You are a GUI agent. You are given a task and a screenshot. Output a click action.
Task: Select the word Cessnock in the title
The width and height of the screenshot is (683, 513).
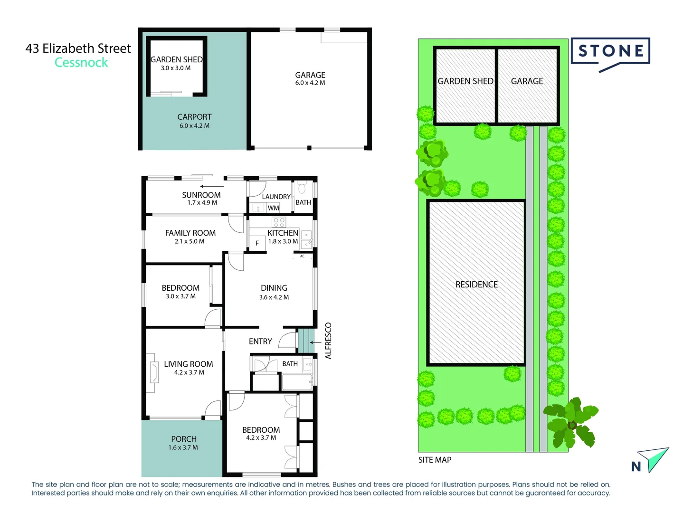81,63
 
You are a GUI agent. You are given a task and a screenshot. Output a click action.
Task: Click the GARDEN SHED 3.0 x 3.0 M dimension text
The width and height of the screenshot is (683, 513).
176,68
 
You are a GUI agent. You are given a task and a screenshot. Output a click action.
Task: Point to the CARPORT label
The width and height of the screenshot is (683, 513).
194,117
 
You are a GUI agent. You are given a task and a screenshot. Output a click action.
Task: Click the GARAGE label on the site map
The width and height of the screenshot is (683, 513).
527,81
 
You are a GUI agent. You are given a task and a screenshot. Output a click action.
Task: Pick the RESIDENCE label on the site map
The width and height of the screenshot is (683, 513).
476,285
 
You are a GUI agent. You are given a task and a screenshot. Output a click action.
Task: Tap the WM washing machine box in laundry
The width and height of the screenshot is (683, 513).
273,208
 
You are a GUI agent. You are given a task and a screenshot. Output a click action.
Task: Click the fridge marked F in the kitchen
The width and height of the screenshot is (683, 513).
257,243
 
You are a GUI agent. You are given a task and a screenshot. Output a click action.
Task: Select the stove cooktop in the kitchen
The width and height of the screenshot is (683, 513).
279,222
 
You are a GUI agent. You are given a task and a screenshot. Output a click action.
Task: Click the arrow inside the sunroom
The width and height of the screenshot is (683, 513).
212,186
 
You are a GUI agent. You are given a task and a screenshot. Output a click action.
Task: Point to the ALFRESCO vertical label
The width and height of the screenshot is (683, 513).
328,341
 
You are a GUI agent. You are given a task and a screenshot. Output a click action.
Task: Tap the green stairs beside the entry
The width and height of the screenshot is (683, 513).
306,341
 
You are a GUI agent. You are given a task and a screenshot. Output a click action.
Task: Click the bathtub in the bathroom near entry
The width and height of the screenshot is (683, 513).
297,381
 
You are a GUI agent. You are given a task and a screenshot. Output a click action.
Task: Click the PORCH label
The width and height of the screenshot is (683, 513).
184,439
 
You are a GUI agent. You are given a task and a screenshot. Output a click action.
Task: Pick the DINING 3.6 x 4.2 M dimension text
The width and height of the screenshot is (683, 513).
274,297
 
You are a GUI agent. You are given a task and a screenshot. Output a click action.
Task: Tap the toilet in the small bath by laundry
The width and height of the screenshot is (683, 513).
302,189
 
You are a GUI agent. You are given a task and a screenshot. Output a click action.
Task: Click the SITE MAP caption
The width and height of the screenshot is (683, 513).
435,460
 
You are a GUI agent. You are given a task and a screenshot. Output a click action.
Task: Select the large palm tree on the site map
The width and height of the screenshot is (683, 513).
571,421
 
